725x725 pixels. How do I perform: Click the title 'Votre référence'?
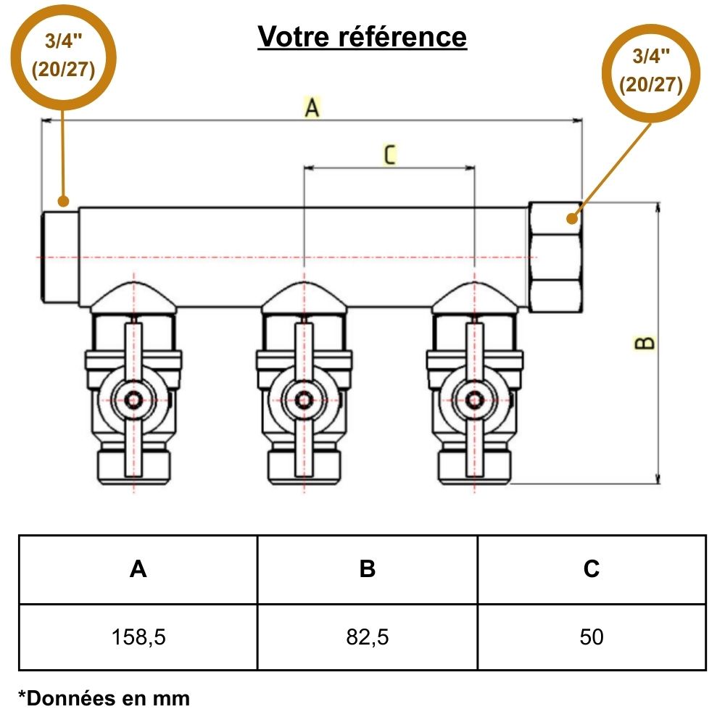(x=362, y=36)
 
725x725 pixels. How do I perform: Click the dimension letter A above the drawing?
(x=312, y=108)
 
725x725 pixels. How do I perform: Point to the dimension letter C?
(x=389, y=154)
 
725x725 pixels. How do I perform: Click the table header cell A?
(x=138, y=569)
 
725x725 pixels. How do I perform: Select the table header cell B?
(x=368, y=569)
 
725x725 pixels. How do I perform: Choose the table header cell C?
(x=592, y=569)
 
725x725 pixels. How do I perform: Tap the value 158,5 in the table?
(x=138, y=637)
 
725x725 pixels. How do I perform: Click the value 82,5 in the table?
(x=368, y=637)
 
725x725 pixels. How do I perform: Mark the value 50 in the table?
(x=592, y=637)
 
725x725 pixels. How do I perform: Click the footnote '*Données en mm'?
(x=104, y=698)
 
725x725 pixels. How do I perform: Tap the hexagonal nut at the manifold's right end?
(x=555, y=257)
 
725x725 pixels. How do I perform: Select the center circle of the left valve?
(x=133, y=399)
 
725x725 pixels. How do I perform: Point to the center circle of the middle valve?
(x=304, y=399)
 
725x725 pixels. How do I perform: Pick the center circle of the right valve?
(x=475, y=399)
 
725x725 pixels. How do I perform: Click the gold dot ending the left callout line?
(x=63, y=201)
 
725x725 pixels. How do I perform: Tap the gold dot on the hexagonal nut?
(x=573, y=217)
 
